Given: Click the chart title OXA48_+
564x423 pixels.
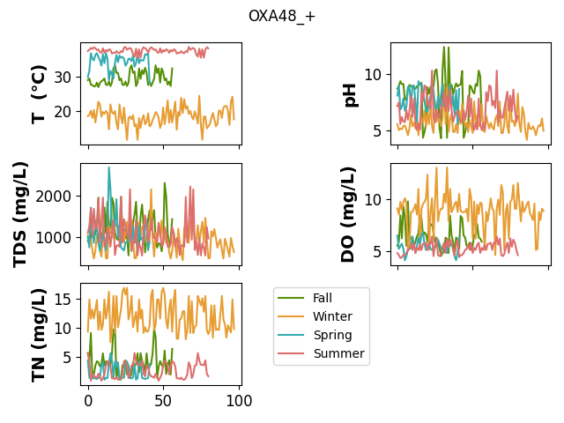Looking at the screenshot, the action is click(x=282, y=16).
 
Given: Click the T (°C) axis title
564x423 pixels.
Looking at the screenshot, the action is click(x=39, y=94).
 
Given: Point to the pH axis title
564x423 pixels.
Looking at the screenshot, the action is click(x=350, y=95).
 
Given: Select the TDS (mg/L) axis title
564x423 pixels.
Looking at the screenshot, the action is click(x=20, y=215).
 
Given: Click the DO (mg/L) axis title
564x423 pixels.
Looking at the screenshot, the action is click(x=347, y=215).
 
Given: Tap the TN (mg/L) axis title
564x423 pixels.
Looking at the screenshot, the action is click(x=39, y=335).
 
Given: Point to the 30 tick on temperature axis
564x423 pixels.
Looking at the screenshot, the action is click(x=63, y=78).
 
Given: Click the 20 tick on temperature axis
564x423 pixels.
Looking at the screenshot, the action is click(x=63, y=112).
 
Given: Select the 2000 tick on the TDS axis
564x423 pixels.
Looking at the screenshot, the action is click(x=54, y=197).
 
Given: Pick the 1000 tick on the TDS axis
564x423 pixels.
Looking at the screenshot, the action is click(x=54, y=238).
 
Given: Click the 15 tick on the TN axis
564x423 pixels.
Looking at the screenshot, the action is click(x=63, y=299).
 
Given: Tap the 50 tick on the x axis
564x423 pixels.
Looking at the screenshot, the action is click(x=163, y=400).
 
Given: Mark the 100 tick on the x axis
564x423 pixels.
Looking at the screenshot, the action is click(x=239, y=400).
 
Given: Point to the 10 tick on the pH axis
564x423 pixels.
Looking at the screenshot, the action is click(x=373, y=75).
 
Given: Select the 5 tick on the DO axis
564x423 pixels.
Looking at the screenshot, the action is click(x=377, y=252).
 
